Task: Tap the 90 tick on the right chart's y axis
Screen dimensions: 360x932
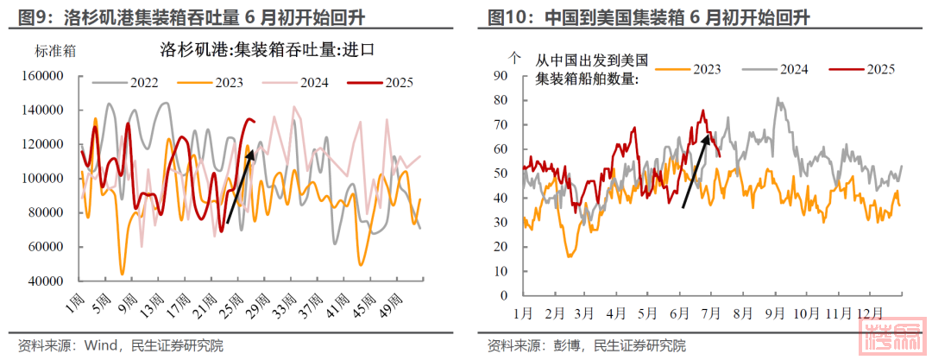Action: (498, 75)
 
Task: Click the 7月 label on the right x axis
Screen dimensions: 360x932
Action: (713, 311)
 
